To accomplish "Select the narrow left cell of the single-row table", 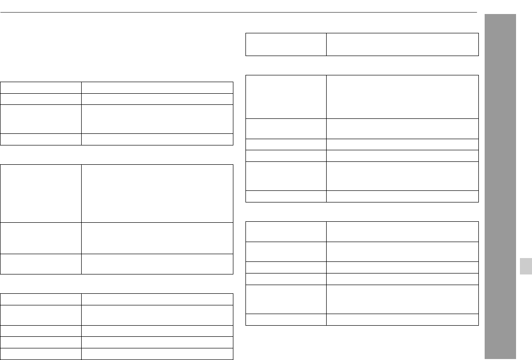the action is click(286, 44).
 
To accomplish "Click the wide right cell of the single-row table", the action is click(402, 44).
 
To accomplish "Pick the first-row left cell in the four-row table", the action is click(41, 87).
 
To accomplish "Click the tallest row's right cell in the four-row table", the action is click(157, 119).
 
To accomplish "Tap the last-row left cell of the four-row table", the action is click(41, 139).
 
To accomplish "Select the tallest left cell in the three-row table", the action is click(41, 193).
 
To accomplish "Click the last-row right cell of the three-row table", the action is click(157, 264).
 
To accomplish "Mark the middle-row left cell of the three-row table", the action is click(41, 238).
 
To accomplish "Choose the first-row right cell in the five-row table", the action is click(157, 299).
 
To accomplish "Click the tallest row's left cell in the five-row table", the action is click(41, 315).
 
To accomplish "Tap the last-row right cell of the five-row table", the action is click(157, 354).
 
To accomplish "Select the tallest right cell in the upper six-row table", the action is click(402, 96).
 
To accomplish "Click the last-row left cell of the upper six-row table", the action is click(286, 196).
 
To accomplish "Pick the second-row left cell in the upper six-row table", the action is click(286, 128).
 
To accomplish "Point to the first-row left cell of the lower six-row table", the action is click(286, 231).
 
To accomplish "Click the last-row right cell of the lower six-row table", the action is click(402, 319).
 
